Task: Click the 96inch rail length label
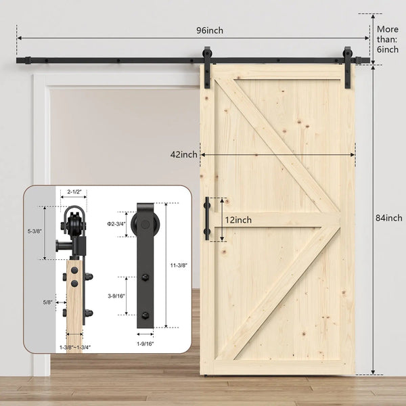210,30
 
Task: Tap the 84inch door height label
389,218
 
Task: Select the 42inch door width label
185,154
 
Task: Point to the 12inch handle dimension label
238,220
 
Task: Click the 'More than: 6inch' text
388,39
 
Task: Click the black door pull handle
208,219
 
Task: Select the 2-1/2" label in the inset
74,192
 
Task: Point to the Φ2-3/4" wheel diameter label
116,223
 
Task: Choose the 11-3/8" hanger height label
178,265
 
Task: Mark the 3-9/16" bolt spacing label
116,295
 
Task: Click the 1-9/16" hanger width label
145,343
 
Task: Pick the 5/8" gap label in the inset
47,302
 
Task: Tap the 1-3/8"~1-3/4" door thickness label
74,346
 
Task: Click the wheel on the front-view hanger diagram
145,223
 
